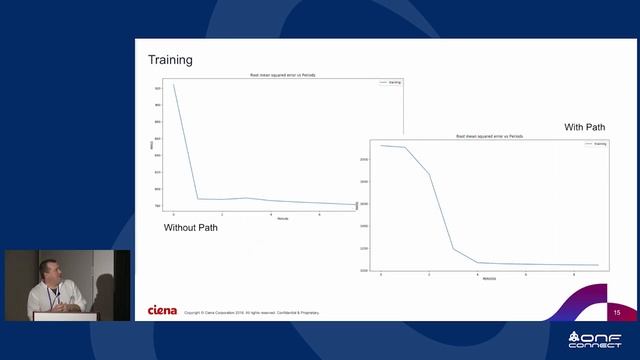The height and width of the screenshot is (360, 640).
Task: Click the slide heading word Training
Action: tap(170, 60)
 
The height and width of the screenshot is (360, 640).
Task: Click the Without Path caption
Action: tap(190, 228)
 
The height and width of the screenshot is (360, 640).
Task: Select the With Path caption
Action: tap(585, 127)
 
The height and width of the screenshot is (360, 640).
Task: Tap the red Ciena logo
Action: tap(162, 310)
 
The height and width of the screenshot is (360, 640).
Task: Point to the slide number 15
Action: tap(617, 313)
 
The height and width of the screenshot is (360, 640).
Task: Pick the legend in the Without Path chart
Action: tap(390, 82)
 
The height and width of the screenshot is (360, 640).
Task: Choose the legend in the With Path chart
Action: tap(594, 144)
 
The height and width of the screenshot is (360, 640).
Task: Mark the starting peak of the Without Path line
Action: tap(173, 84)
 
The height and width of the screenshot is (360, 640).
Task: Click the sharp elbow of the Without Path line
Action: tap(198, 198)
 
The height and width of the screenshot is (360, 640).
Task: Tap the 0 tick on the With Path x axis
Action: tap(381, 273)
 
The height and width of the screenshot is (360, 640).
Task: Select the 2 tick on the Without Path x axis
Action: tap(222, 214)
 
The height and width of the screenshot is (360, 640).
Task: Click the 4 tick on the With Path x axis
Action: tap(478, 273)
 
